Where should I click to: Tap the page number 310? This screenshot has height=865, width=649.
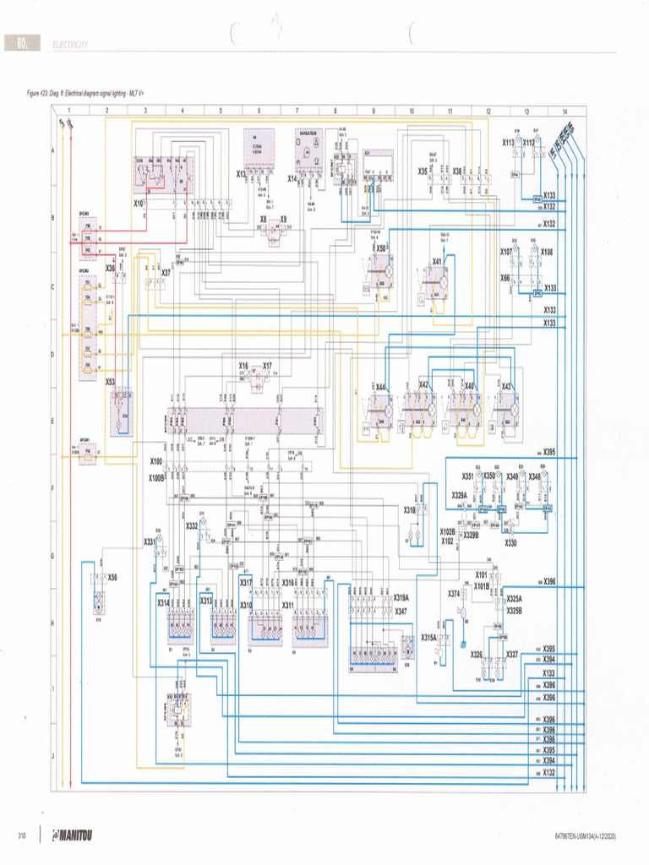[24, 836]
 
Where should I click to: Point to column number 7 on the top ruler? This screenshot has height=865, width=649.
[296, 111]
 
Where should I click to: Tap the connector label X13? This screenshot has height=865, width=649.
[242, 175]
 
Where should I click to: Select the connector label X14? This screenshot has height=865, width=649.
[292, 177]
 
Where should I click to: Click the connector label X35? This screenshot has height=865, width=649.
[423, 171]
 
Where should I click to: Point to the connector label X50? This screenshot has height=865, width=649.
[381, 248]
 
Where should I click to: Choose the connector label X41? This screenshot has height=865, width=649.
[438, 261]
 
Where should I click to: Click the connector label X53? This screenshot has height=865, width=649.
[110, 381]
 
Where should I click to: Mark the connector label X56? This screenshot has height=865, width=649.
[112, 577]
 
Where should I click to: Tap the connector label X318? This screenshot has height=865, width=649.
[410, 510]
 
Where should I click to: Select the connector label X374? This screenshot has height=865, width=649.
[454, 593]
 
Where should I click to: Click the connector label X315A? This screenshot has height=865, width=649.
[429, 637]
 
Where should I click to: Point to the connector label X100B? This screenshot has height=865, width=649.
[156, 477]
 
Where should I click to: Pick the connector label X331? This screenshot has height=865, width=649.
[150, 541]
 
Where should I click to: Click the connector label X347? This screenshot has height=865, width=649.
[401, 610]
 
